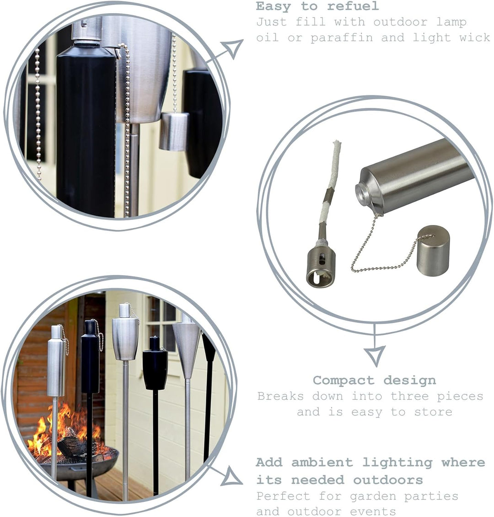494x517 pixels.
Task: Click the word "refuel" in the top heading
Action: pos(353,6)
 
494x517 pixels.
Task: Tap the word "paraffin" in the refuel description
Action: pos(342,37)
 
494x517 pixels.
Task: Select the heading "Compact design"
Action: pos(374,380)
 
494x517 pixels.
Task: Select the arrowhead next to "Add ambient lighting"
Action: pos(231,477)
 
